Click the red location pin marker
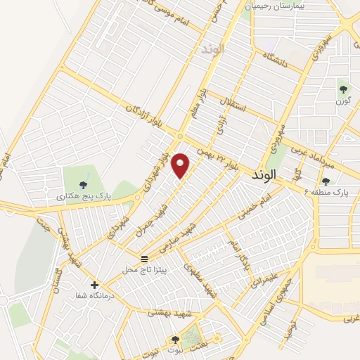(181, 165)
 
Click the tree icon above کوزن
(343, 89)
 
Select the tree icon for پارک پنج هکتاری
(84, 185)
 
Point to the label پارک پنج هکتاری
(79, 198)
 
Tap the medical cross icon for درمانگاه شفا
(94, 285)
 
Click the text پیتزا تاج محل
(144, 269)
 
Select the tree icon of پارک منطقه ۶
(325, 182)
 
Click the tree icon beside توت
(174, 340)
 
